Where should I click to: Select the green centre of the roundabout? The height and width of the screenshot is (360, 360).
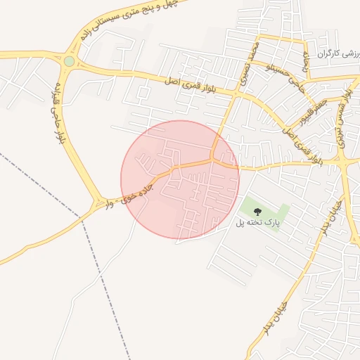point(69,61)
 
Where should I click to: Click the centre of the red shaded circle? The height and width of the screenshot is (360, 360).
point(180,179)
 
